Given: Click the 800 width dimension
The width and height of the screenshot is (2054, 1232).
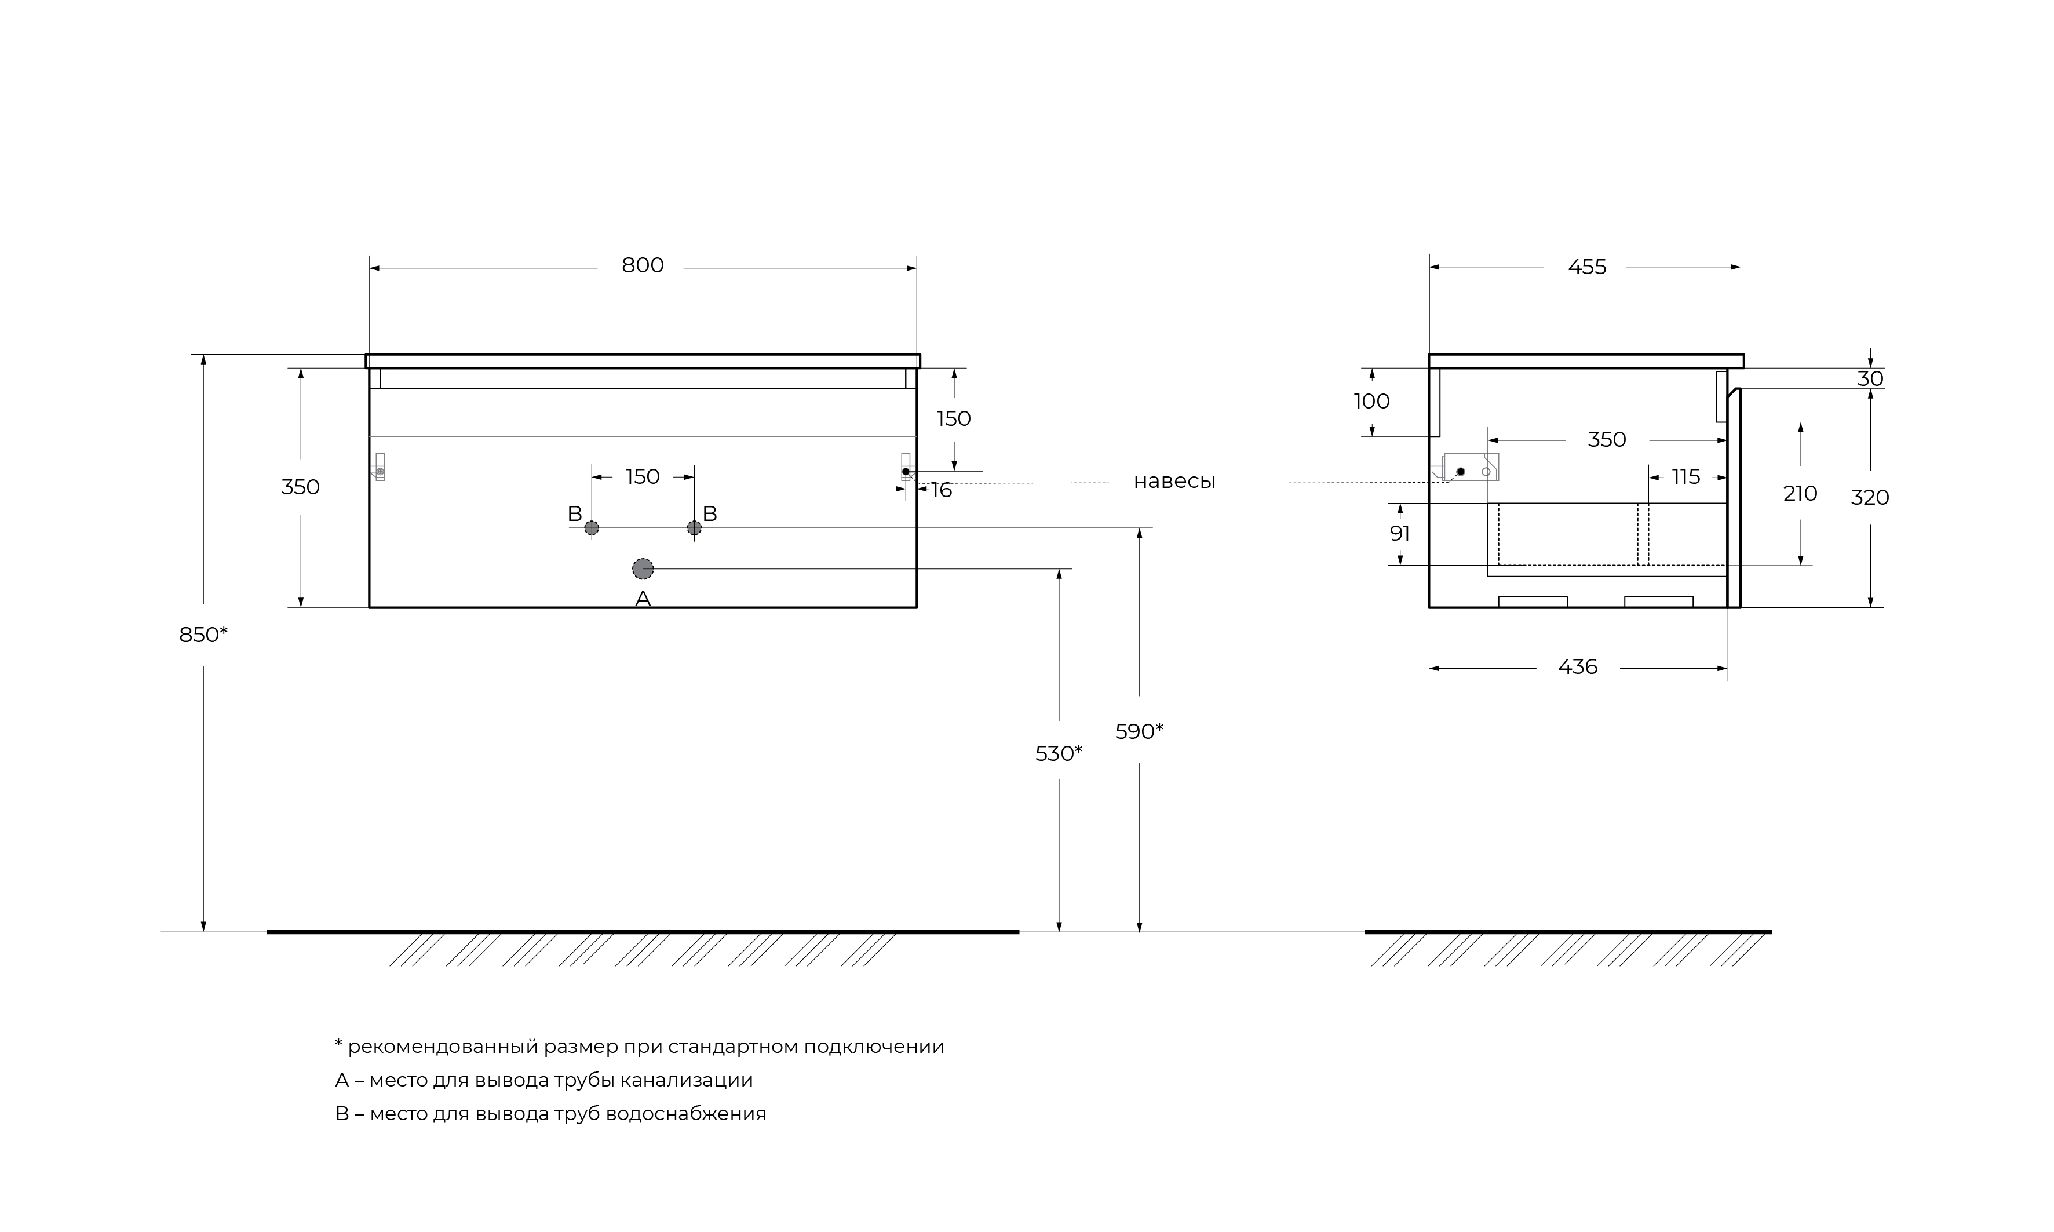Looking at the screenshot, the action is [x=643, y=265].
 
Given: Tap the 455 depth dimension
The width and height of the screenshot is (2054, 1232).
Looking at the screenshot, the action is [x=1587, y=267].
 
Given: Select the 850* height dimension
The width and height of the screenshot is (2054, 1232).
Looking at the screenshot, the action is [x=203, y=635].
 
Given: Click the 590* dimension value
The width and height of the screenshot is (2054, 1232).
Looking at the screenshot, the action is [x=1140, y=731].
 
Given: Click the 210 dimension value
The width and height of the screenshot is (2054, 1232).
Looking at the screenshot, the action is [x=1800, y=494].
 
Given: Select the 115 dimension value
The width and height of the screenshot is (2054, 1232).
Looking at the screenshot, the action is [x=1685, y=478].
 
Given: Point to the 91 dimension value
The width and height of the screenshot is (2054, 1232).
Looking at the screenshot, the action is [x=1400, y=534].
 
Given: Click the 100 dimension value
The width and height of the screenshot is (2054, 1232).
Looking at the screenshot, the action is [x=1372, y=402].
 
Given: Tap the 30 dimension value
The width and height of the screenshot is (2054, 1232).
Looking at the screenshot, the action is [x=1870, y=378].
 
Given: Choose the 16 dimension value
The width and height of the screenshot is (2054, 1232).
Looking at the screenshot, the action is [x=941, y=491].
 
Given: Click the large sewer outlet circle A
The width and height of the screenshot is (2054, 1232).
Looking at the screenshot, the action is [x=643, y=568].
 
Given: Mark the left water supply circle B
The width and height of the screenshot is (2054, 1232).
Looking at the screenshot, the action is [x=592, y=528].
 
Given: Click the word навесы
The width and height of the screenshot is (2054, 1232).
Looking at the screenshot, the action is [x=1174, y=482].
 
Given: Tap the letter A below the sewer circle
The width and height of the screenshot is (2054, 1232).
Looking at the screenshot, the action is [x=643, y=599].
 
